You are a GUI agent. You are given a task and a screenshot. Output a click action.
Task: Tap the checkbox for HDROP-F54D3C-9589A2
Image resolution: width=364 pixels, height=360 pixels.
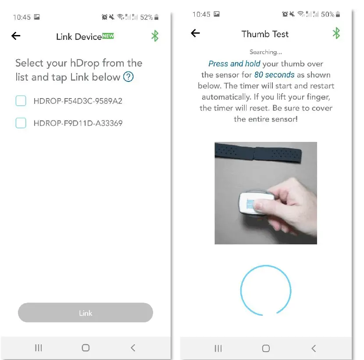[21, 101]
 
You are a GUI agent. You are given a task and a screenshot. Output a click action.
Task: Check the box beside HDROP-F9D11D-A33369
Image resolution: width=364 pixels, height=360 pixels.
[21, 123]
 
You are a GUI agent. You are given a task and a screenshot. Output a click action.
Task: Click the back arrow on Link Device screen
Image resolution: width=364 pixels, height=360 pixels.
[16, 36]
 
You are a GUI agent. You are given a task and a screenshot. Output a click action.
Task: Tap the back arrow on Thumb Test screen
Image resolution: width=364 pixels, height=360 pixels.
[196, 33]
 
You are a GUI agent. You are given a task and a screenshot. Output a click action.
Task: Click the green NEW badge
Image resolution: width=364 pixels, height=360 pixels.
[108, 36]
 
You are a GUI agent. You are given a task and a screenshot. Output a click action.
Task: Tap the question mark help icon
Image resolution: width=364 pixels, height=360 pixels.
[128, 78]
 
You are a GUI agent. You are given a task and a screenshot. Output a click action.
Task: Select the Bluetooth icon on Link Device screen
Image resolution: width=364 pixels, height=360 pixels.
[155, 36]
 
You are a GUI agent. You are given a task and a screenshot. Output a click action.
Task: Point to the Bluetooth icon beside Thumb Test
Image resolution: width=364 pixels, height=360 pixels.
[336, 33]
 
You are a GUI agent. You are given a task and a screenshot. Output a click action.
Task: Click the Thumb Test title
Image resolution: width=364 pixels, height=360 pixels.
[265, 34]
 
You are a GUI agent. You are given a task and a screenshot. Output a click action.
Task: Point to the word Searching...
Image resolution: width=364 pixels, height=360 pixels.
[265, 52]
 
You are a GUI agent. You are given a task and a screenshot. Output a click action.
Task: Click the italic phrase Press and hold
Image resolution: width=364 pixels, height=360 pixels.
[234, 64]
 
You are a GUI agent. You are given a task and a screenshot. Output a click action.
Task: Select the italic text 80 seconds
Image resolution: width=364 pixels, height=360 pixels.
[274, 75]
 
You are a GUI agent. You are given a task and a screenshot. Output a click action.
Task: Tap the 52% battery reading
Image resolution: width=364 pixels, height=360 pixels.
[146, 18]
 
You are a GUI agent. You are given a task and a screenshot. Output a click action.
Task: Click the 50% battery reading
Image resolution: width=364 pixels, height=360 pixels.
[327, 14]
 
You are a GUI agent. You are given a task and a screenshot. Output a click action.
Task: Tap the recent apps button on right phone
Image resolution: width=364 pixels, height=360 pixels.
[218, 348]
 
